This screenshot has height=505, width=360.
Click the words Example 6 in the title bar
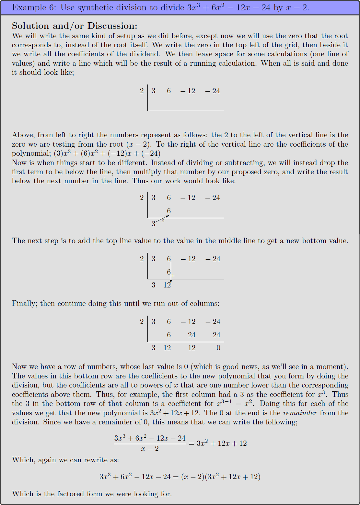point(30,7)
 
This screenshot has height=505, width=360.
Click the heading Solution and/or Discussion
point(75,26)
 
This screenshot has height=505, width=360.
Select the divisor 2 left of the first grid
point(142,91)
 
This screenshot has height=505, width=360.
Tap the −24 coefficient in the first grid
point(213,91)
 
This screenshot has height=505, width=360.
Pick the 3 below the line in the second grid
point(154,224)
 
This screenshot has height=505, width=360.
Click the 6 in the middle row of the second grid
point(169,211)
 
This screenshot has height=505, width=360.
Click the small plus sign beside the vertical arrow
point(173,276)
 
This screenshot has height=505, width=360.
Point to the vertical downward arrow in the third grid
point(171,272)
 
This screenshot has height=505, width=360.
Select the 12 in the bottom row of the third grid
point(167,285)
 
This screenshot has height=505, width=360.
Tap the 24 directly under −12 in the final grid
point(192,335)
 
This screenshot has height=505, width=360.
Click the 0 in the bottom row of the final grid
point(218,348)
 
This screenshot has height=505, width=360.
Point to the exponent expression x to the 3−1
point(224,403)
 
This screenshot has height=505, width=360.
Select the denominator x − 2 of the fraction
point(150,449)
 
